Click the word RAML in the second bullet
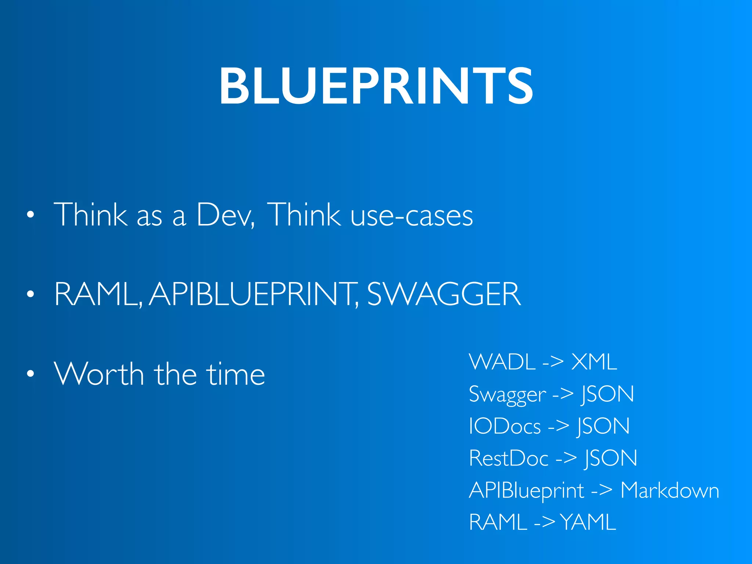97,294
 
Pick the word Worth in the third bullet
99,374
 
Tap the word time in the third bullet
235,374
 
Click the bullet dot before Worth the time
30,374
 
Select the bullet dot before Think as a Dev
30,215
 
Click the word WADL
502,362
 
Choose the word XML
594,362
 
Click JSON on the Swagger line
607,394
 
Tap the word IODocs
505,427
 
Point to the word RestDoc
509,459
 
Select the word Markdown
669,491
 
